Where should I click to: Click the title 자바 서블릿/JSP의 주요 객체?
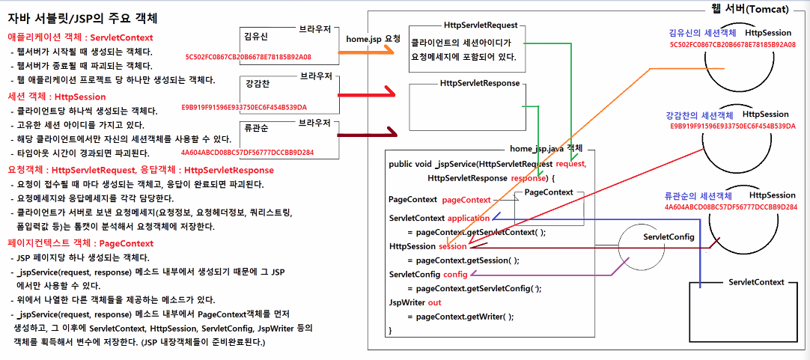(x=83, y=16)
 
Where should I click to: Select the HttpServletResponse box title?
(x=480, y=83)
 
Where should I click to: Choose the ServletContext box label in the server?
(x=755, y=282)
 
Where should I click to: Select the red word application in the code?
(x=468, y=218)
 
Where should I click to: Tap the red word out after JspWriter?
(x=434, y=302)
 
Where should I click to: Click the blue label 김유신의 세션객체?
(x=701, y=34)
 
